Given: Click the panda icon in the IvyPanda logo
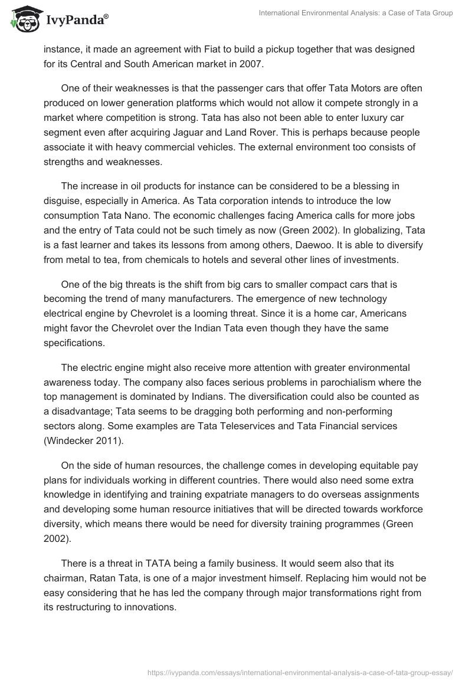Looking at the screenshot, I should [x=23, y=19].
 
